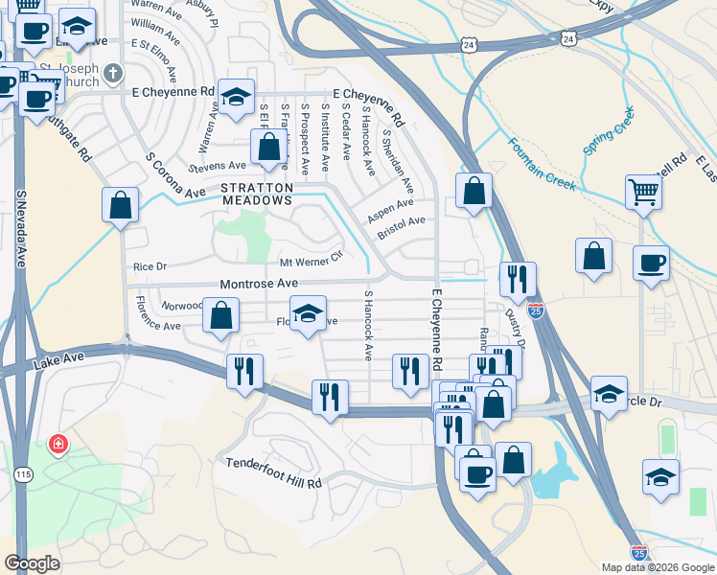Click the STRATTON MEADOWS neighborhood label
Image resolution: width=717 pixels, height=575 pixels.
point(257,195)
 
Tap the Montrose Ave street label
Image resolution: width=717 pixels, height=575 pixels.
point(259,285)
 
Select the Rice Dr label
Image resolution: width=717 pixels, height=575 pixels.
point(150,266)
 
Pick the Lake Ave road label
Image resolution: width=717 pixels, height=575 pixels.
point(54,363)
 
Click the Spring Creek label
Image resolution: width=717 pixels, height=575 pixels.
point(610,137)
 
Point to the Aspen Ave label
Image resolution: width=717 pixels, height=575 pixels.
point(390,210)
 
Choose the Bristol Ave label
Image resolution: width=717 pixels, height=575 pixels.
point(401,228)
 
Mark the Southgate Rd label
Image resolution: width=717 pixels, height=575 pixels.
point(70,140)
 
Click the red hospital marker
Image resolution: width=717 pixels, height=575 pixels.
point(58,445)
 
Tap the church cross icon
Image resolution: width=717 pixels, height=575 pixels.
point(112,73)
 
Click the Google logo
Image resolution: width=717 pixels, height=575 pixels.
point(32,563)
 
